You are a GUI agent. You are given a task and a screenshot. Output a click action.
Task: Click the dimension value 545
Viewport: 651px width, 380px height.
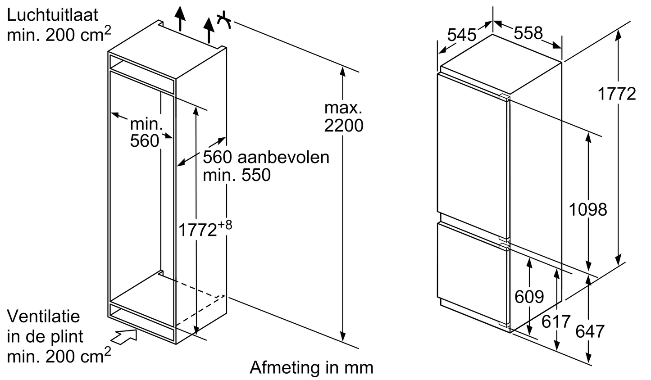pyautogui.click(x=462, y=35)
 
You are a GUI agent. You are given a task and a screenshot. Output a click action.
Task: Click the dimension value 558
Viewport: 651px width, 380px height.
pyautogui.click(x=528, y=32)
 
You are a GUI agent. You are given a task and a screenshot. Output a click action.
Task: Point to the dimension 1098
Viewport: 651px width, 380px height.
pyautogui.click(x=588, y=209)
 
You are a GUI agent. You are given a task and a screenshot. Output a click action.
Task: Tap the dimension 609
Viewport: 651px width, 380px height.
pyautogui.click(x=529, y=296)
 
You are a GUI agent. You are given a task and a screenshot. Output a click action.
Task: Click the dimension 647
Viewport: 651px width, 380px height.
pyautogui.click(x=590, y=331)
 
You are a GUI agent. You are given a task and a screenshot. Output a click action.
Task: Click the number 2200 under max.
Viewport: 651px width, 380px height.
pyautogui.click(x=343, y=126)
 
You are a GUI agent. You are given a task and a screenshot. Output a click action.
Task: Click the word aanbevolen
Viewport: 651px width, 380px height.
pyautogui.click(x=283, y=157)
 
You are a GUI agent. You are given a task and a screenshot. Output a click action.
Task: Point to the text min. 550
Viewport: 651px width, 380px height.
pyautogui.click(x=237, y=175)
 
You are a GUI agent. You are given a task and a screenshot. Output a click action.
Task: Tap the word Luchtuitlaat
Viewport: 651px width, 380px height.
pyautogui.click(x=52, y=15)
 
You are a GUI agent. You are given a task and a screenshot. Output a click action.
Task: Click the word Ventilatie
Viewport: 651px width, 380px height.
pyautogui.click(x=43, y=316)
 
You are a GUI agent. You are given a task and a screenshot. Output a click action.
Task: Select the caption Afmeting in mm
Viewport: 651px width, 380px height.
pyautogui.click(x=312, y=367)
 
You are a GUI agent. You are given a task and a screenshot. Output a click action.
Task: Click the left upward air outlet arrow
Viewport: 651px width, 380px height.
pyautogui.click(x=180, y=18)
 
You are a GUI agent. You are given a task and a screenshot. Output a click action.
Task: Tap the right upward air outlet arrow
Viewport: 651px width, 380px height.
pyautogui.click(x=209, y=29)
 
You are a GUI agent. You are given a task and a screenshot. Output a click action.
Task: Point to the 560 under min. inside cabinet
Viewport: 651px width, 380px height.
pyautogui.click(x=145, y=140)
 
